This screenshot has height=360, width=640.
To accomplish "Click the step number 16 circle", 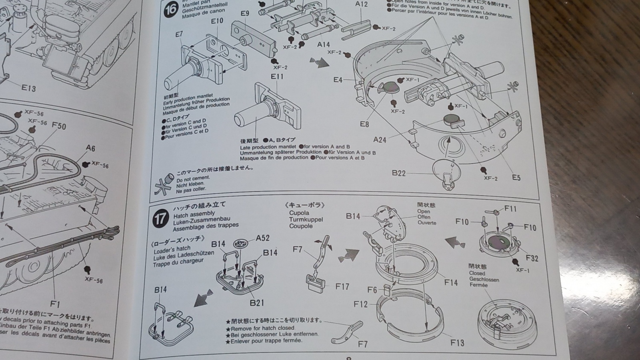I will [x=170, y=9].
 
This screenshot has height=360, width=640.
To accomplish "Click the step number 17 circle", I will [x=160, y=218].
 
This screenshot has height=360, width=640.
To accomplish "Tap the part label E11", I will [x=277, y=76].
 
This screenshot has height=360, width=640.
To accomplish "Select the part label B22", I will [x=398, y=173].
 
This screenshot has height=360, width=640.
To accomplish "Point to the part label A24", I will [x=380, y=140].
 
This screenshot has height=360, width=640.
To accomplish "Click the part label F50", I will [x=59, y=126].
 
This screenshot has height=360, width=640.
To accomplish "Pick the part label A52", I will [x=262, y=238].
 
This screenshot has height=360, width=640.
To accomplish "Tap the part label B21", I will [x=257, y=302].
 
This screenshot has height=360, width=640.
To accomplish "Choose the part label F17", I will [x=342, y=286].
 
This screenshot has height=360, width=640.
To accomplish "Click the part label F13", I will [x=457, y=342].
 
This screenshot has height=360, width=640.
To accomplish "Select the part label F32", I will [x=532, y=258].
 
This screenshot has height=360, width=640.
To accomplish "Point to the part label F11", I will [x=510, y=208].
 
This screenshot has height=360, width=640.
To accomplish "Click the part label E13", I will [x=28, y=88].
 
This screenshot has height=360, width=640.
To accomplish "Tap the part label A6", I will [x=90, y=148].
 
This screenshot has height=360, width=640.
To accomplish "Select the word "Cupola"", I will [x=299, y=213].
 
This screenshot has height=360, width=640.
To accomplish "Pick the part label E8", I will [x=364, y=124].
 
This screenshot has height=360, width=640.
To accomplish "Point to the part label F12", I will [x=360, y=304].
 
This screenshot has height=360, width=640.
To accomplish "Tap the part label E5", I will [x=516, y=177].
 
